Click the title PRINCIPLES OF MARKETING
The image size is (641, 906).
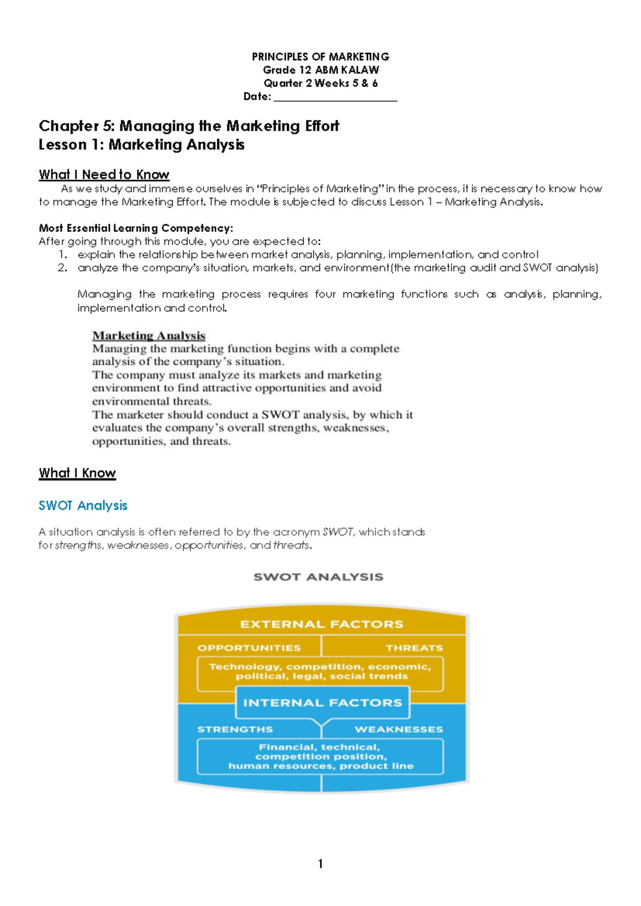(320, 57)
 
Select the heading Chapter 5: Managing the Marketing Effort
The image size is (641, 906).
(189, 126)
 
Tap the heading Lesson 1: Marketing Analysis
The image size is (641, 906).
(142, 145)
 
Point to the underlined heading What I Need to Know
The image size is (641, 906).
(104, 175)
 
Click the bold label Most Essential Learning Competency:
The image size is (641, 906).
(136, 228)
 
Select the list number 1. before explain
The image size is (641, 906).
(63, 255)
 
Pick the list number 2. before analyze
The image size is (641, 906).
(62, 268)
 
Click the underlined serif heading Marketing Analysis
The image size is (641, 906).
(148, 335)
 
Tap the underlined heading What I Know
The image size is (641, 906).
(77, 473)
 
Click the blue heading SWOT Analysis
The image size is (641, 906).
(83, 506)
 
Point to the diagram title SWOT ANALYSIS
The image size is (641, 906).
(318, 577)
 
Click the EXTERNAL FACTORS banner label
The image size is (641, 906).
(322, 624)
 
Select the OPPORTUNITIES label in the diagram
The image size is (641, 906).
(249, 648)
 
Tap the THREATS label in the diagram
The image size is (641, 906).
(414, 648)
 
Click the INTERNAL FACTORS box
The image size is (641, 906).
(323, 703)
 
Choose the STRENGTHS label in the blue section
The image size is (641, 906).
(235, 730)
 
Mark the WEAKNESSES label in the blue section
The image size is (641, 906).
(398, 730)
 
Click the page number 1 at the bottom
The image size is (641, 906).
(320, 864)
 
